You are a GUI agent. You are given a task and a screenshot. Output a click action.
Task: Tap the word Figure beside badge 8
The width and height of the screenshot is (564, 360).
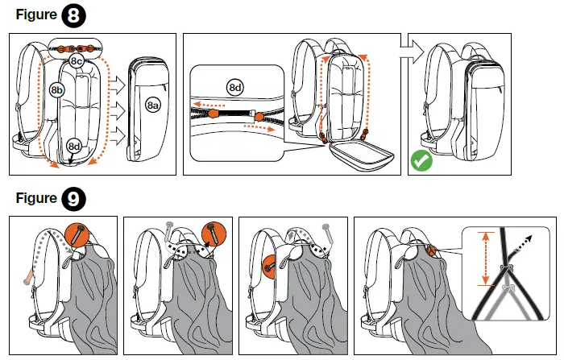(31, 15)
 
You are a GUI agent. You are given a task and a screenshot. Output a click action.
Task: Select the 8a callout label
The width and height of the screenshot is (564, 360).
(152, 104)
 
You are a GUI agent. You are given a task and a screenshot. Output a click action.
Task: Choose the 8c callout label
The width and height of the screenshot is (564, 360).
(77, 61)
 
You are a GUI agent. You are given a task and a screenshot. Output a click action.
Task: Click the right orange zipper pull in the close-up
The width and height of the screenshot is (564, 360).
(259, 118)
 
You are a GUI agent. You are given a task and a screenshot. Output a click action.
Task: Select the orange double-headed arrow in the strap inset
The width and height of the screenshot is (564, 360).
(484, 258)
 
